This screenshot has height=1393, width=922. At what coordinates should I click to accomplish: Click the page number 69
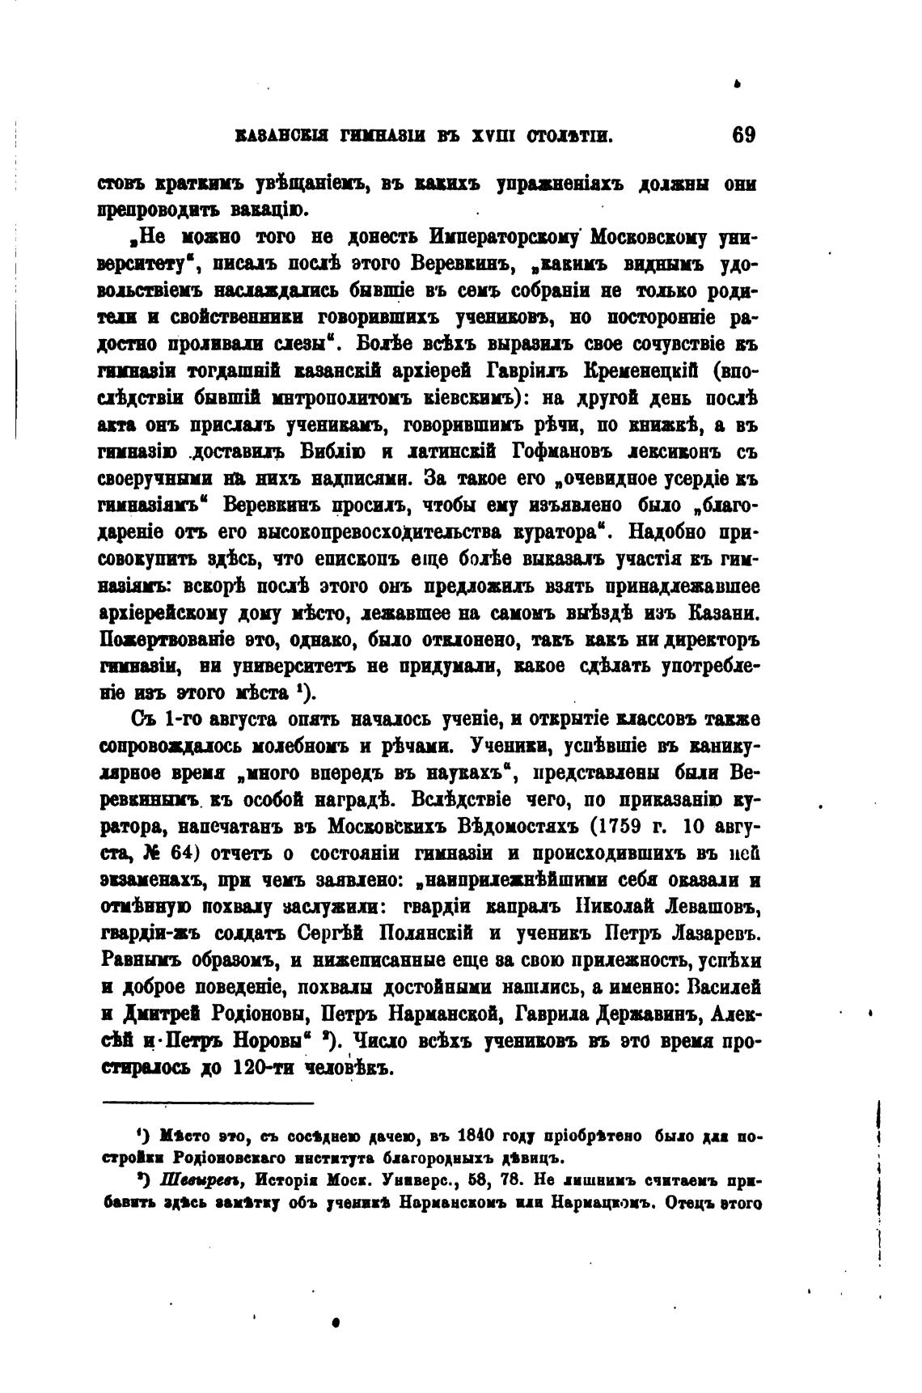coord(742,134)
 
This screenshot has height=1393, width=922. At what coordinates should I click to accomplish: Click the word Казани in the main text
coord(715,612)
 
